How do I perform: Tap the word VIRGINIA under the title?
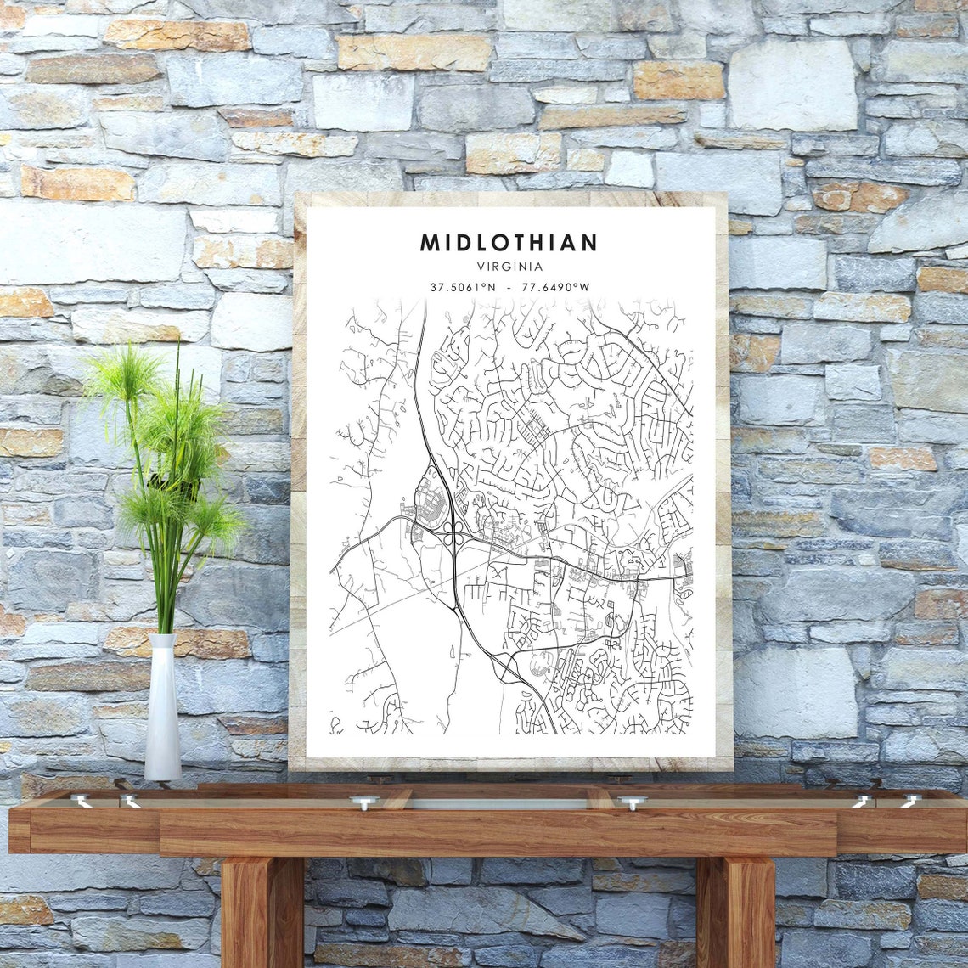point(509,267)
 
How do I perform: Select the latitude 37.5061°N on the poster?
point(463,287)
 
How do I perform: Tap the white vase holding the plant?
point(162,709)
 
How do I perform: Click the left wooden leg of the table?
point(262,913)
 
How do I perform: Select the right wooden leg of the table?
point(735,913)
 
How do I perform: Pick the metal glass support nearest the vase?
point(130,800)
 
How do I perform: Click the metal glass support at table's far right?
point(909,800)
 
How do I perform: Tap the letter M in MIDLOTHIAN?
point(430,243)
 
